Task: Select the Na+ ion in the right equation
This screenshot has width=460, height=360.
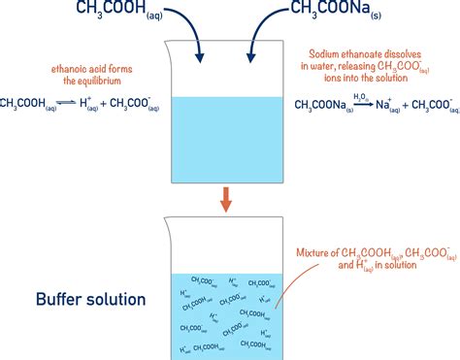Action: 394,103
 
